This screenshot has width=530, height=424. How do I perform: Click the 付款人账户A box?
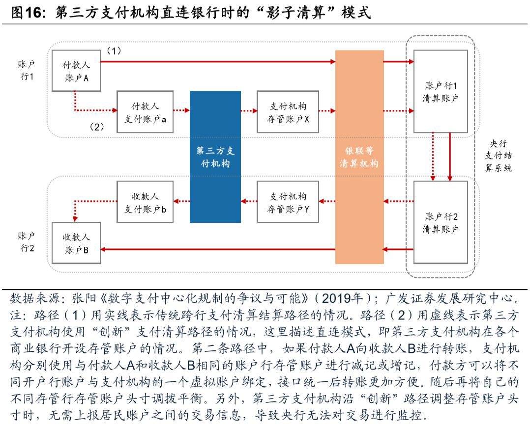click(76, 70)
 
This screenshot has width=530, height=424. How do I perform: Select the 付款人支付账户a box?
click(145, 112)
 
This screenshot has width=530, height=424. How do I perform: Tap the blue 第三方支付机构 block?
click(215, 157)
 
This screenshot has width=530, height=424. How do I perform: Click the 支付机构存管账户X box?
click(288, 112)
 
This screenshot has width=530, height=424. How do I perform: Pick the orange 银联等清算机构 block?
click(359, 157)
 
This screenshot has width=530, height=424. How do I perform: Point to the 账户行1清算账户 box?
click(441, 91)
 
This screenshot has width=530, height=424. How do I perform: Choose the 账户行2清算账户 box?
click(441, 222)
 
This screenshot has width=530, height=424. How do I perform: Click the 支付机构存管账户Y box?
click(288, 202)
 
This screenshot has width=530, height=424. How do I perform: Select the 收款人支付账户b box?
click(145, 202)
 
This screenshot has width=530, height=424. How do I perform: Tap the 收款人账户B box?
click(76, 243)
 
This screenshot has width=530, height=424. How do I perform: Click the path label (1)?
click(114, 51)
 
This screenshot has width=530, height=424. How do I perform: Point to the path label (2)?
click(96, 127)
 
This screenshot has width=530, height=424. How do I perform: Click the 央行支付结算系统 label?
click(498, 156)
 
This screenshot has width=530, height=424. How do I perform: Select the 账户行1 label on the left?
click(27, 70)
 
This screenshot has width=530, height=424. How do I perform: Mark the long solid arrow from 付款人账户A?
click(216, 62)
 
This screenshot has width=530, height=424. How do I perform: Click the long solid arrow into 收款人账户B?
click(216, 250)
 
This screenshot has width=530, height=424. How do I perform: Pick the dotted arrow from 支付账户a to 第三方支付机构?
click(181, 111)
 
